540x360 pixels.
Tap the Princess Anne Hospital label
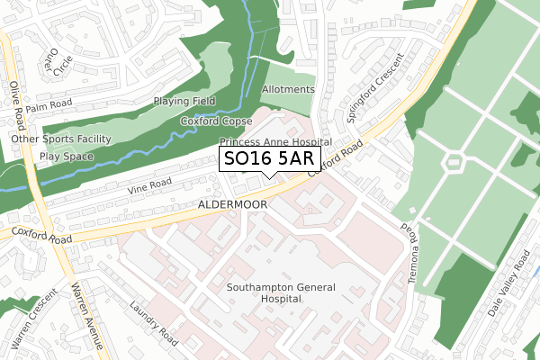click(275, 142)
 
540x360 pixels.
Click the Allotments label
click(288, 90)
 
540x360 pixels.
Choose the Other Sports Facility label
click(60, 139)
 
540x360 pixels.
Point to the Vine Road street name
click(148, 185)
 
